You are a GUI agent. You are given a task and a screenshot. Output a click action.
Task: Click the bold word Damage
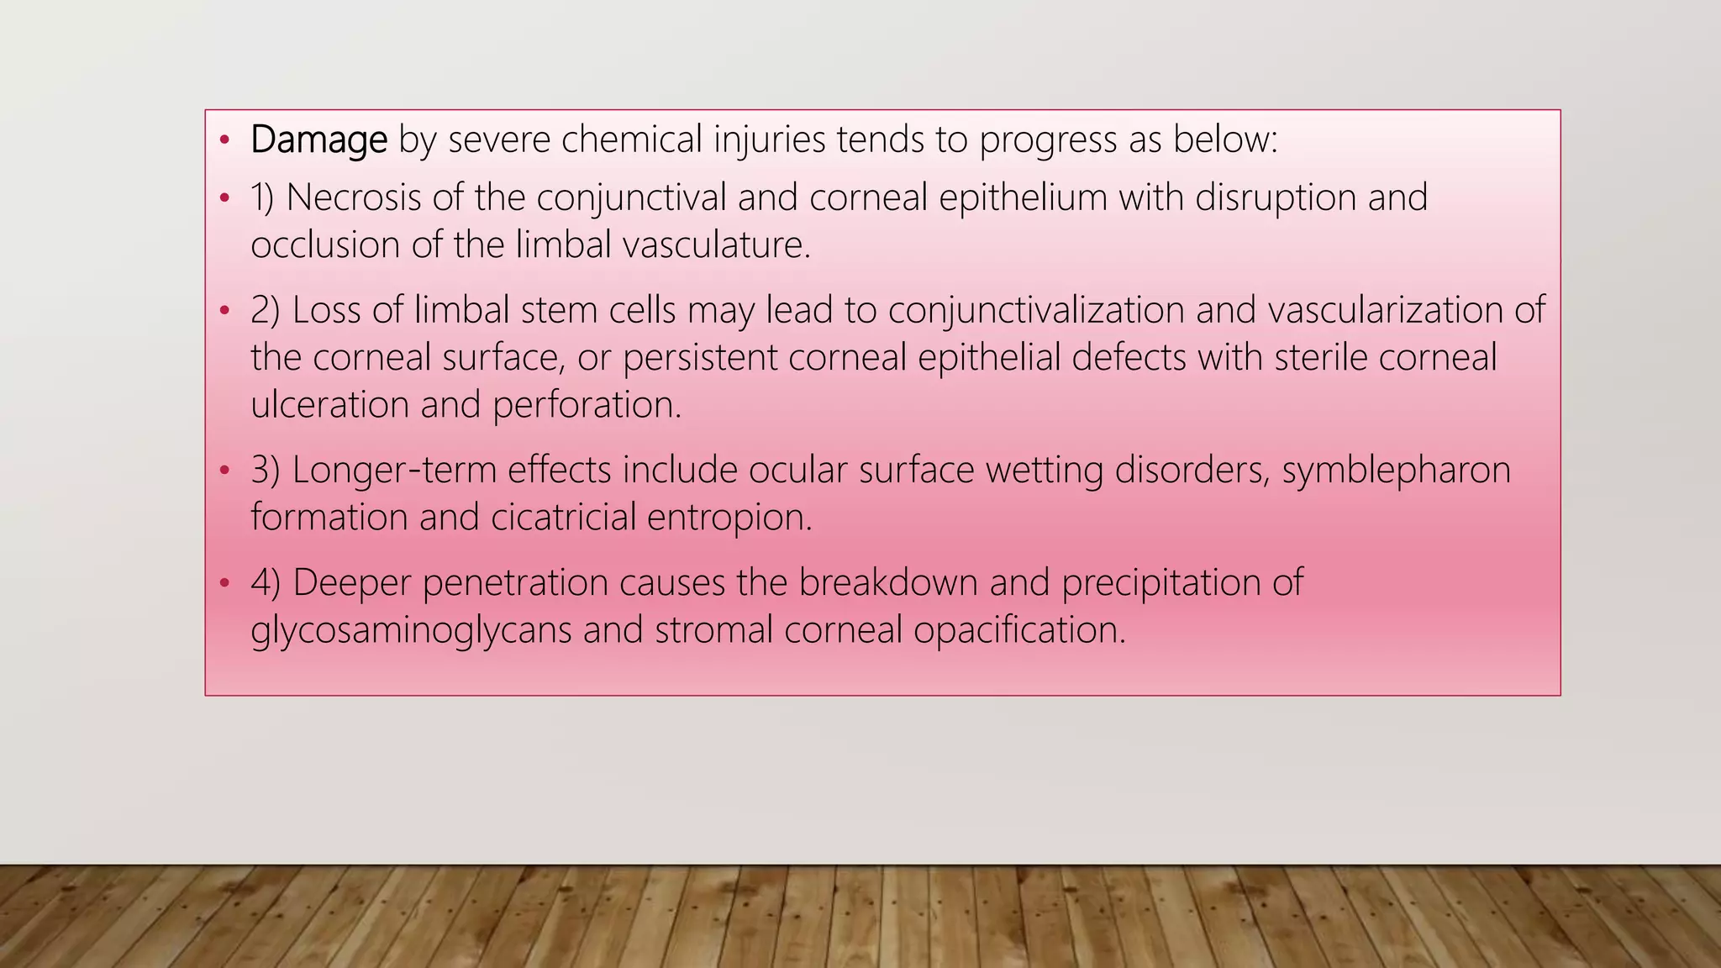(x=318, y=139)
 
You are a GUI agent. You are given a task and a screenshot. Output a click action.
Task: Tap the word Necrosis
(x=354, y=198)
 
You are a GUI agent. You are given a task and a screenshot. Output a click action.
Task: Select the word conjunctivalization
(x=1036, y=310)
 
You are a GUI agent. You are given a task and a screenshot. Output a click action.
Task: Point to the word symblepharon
(x=1396, y=470)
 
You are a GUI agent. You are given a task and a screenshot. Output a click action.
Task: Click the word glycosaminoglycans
(x=411, y=630)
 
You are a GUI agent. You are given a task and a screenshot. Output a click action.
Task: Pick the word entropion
(x=729, y=517)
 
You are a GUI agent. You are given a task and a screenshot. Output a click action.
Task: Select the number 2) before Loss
(x=265, y=310)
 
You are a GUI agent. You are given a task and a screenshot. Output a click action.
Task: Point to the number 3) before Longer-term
(x=265, y=470)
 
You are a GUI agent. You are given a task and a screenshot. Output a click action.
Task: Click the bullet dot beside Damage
(x=224, y=140)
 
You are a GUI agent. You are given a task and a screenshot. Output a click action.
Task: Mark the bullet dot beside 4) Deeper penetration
(x=224, y=582)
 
